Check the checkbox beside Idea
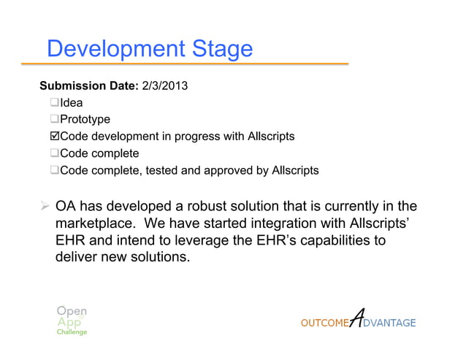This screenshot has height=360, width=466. (55, 103)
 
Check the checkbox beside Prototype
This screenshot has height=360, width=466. (55, 120)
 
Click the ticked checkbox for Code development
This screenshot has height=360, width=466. (55, 137)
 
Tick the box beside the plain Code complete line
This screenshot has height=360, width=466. (55, 153)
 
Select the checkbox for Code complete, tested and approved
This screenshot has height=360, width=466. (55, 171)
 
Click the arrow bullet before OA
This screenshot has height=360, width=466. (44, 207)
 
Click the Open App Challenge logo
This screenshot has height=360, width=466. (72, 319)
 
